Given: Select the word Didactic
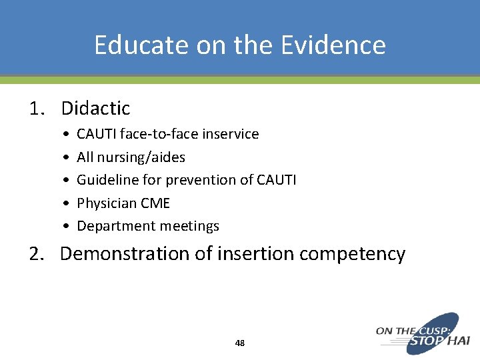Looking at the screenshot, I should pos(95,108).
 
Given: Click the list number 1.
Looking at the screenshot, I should pos(36,108).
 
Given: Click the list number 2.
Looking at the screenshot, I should pos(36,254).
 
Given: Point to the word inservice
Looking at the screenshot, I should pos(231,134).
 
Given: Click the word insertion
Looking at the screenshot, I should pos(246,254).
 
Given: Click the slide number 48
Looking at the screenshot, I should pos(240,343).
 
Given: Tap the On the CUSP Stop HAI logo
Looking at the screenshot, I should pos(423,333).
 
